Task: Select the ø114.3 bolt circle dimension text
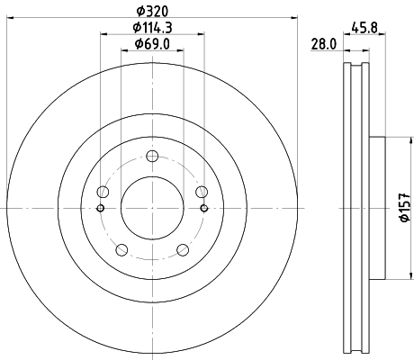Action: coord(150,28)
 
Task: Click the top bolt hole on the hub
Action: coord(151,157)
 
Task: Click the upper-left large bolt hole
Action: coord(103,193)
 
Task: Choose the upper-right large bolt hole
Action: coord(201,193)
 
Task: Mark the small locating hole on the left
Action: coord(99,210)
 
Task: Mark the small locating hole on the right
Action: coord(204,210)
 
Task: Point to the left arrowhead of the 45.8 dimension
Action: coord(347,54)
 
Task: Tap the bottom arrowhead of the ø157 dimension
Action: coord(392,279)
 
